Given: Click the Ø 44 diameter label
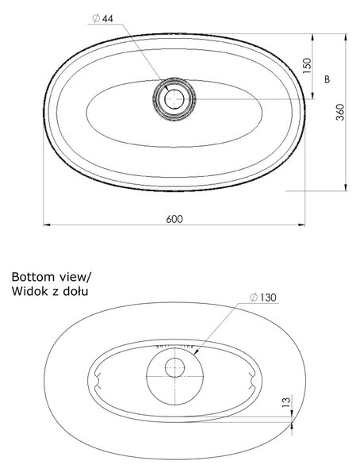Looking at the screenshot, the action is [102, 18].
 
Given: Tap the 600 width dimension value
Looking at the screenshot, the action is [174, 219].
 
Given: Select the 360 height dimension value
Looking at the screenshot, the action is [340, 112].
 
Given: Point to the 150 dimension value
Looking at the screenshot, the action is [307, 66].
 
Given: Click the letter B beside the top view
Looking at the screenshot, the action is [327, 79].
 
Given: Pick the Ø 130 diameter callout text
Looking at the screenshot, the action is [263, 297].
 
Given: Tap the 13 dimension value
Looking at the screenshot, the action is [286, 402].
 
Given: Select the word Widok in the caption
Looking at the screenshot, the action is [29, 291].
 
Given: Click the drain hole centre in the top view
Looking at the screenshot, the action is [174, 99].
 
